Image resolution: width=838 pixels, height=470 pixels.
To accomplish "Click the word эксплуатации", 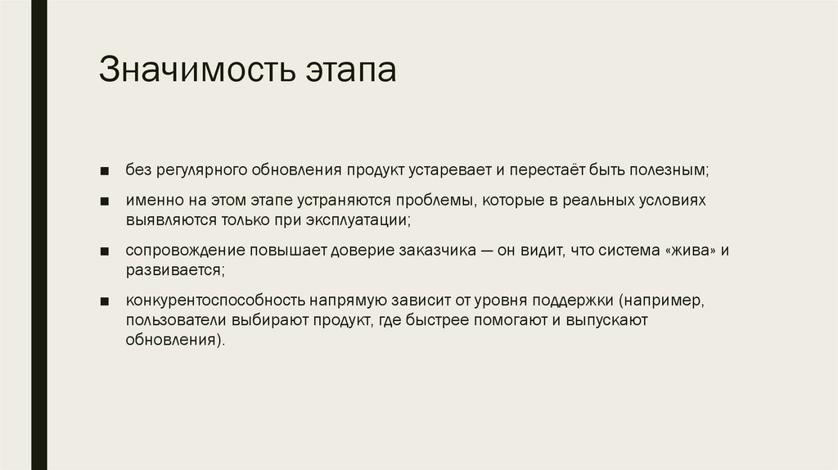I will click(x=356, y=221).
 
